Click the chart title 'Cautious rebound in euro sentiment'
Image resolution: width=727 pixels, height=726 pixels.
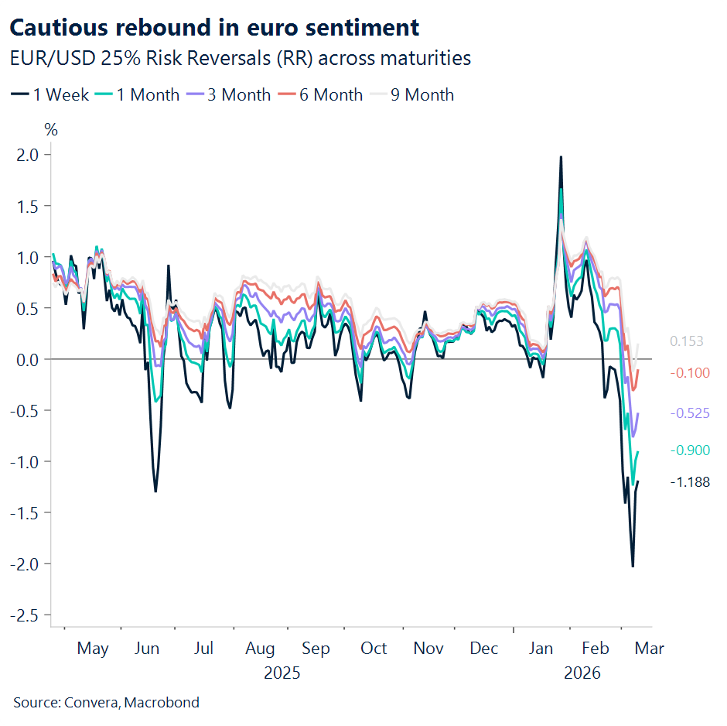click(213, 28)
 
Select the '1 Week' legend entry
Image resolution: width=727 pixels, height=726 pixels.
click(49, 95)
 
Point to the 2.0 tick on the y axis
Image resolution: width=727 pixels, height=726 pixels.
click(28, 155)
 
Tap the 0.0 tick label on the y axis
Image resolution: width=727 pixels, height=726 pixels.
click(28, 360)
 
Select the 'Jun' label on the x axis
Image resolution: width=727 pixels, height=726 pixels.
click(147, 649)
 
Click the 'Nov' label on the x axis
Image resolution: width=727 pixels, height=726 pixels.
click(428, 649)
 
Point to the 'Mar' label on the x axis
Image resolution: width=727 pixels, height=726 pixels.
click(649, 649)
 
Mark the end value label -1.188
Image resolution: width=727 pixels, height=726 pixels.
click(689, 482)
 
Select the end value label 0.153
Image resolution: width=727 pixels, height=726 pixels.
click(687, 341)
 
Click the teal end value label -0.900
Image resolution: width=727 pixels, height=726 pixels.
click(689, 450)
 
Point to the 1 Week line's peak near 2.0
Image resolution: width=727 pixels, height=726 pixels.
click(561, 157)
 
